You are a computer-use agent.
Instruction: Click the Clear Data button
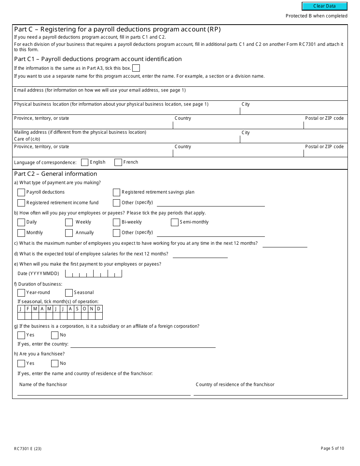[324, 6]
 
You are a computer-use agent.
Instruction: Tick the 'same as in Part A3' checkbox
[136, 68]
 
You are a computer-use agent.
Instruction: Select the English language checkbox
[85, 162]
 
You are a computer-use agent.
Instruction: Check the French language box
[118, 162]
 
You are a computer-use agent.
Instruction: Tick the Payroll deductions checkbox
[21, 192]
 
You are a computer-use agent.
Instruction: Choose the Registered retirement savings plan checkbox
[116, 192]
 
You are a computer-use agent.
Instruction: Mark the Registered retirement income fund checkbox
[21, 203]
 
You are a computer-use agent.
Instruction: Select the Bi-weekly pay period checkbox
[116, 222]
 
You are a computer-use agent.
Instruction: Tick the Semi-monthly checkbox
[175, 222]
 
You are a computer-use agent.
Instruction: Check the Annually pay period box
[69, 233]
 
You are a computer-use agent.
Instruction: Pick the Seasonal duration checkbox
[69, 293]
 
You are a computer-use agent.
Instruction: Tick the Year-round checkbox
[21, 293]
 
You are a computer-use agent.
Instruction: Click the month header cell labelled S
[77, 309]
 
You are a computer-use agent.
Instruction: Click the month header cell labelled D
[99, 309]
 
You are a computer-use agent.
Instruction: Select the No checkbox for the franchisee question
[55, 364]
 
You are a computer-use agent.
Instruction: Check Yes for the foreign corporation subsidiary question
[21, 335]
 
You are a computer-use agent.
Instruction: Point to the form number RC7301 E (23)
[28, 449]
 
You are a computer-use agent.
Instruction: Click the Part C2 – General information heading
[55, 174]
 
